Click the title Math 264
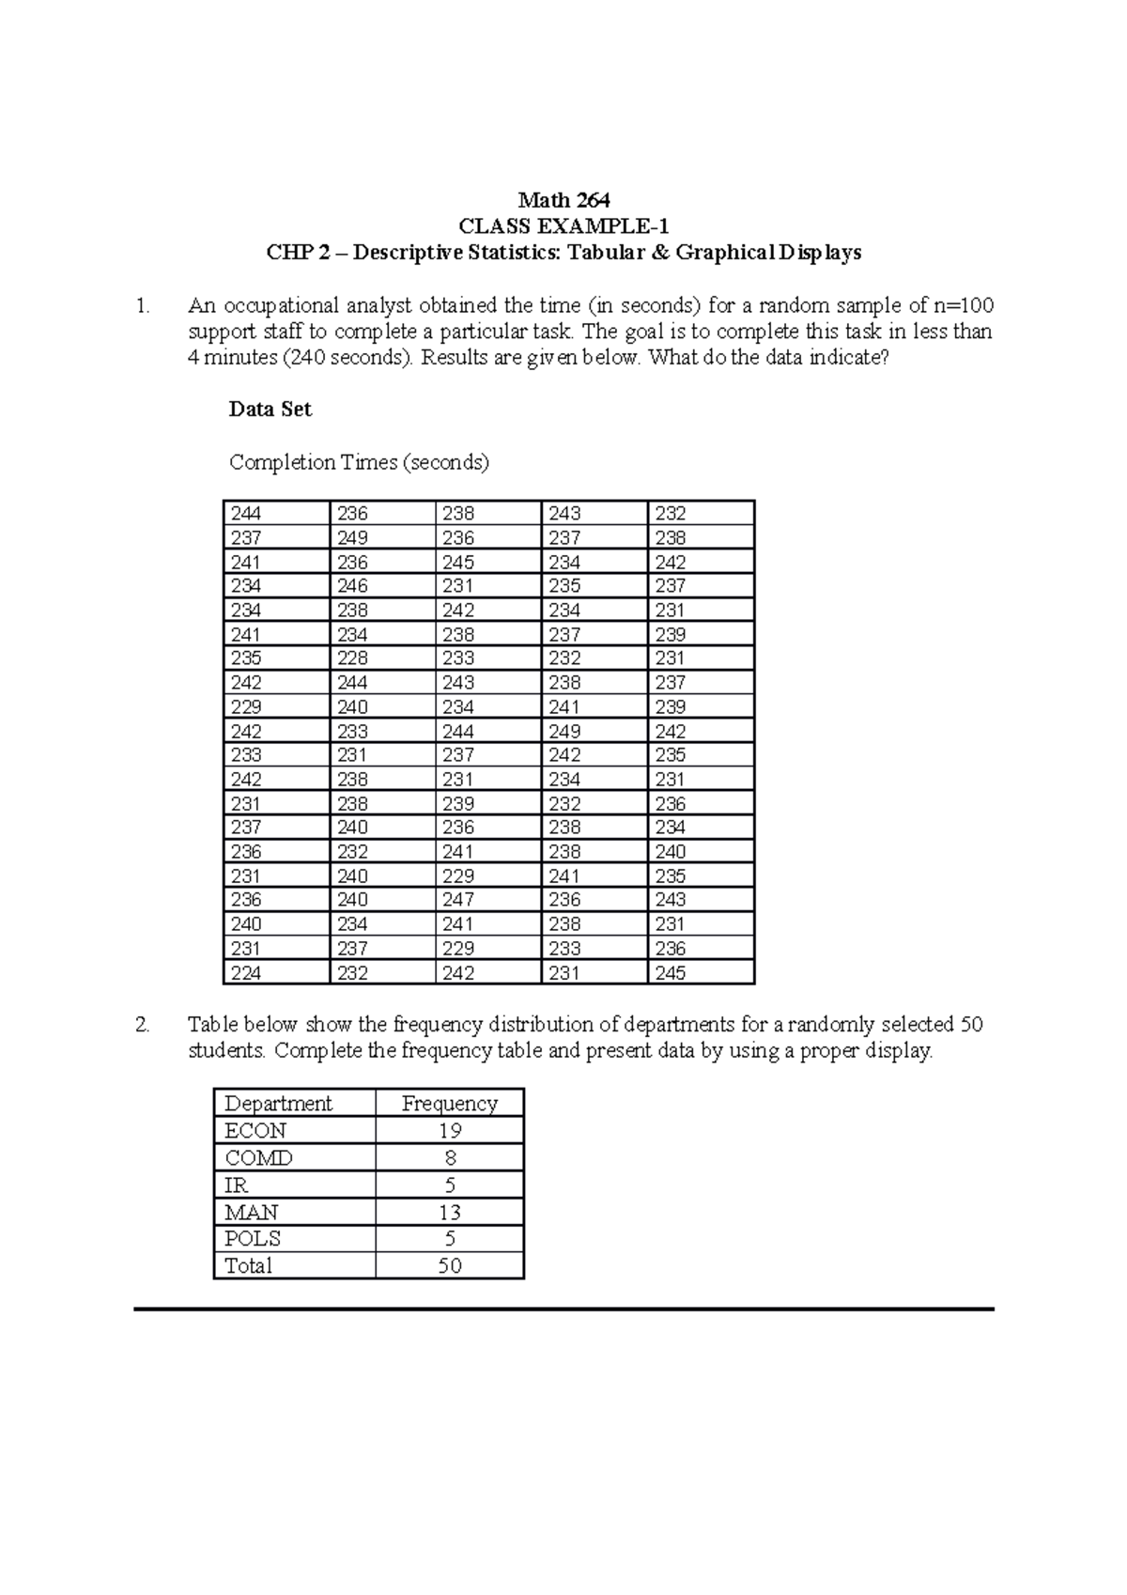(x=563, y=200)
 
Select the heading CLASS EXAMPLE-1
(x=563, y=226)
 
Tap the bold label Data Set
(x=270, y=410)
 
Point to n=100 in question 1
(x=960, y=305)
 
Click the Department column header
(x=278, y=1104)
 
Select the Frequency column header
(x=449, y=1104)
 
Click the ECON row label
(x=255, y=1131)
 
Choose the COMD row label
(x=258, y=1158)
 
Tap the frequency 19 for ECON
(x=449, y=1131)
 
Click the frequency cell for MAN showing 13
(x=449, y=1213)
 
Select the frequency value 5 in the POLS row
(x=449, y=1239)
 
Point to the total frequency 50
(x=449, y=1266)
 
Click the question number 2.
(x=142, y=1025)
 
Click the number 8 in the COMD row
(x=450, y=1158)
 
